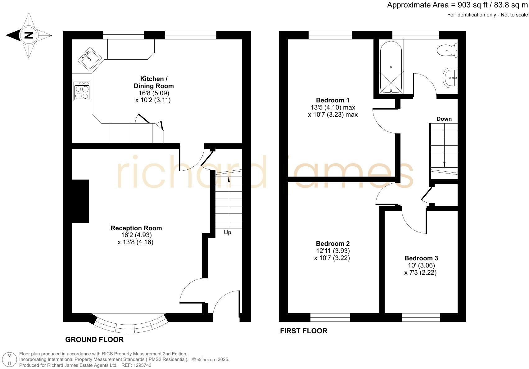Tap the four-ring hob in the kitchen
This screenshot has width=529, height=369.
coord(82,91)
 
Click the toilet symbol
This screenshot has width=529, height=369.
coord(447,50)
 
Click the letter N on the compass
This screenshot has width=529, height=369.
coord(29,35)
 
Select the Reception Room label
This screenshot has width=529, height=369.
coord(136,228)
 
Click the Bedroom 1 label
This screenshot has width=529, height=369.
coord(332,100)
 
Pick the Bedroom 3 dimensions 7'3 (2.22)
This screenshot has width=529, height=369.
coord(420,272)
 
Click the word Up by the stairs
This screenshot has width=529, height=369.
coord(228,232)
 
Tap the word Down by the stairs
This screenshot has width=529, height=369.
coord(444,119)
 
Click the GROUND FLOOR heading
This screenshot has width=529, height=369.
coord(94,340)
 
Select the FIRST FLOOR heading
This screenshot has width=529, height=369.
coord(304,331)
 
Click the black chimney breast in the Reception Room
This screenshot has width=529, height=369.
coord(80,201)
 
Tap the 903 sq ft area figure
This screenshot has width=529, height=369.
coord(473,5)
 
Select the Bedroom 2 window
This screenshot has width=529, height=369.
coord(330,317)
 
